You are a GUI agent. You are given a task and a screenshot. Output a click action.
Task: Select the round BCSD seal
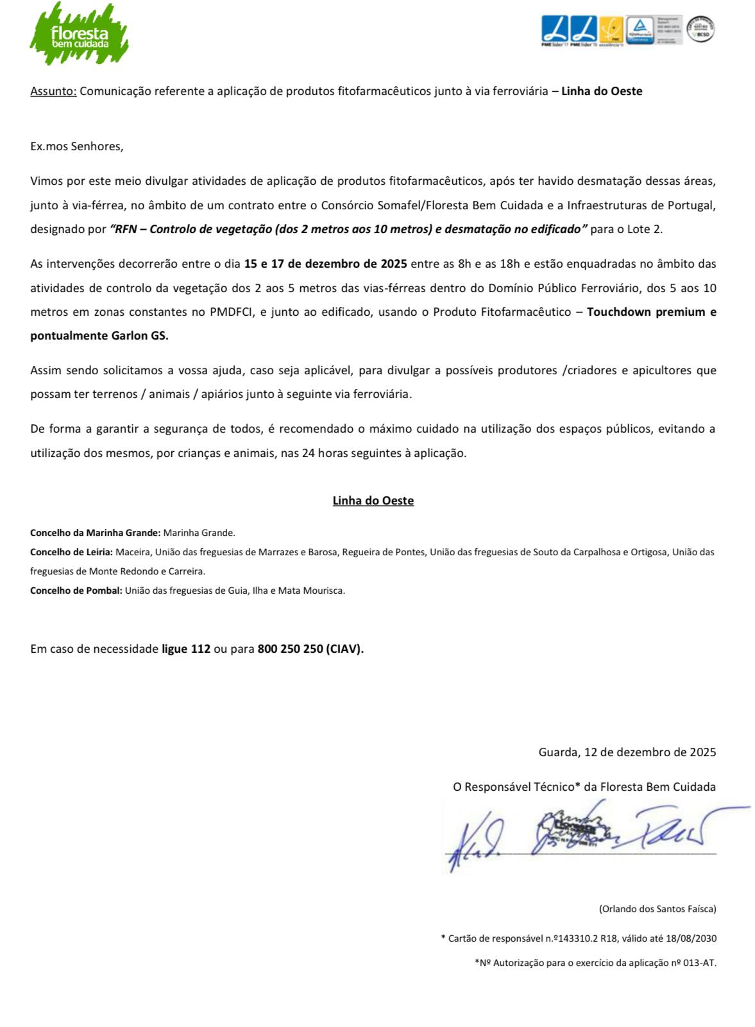tap(700, 30)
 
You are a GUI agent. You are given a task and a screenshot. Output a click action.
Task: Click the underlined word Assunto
tap(53, 91)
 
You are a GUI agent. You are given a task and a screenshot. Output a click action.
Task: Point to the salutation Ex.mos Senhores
tap(76, 146)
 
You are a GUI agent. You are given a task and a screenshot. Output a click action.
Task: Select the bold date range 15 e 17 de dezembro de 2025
tap(325, 264)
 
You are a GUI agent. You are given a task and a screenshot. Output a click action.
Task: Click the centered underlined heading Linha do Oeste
tap(373, 501)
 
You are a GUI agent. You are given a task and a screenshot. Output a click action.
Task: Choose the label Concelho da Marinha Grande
tap(95, 533)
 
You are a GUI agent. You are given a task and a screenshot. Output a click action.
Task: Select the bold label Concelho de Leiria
tap(72, 552)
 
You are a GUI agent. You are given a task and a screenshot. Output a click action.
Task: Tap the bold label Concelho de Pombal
tap(76, 591)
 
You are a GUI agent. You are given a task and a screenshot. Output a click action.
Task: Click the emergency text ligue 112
tap(186, 649)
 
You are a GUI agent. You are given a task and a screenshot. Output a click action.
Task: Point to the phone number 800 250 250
tap(290, 649)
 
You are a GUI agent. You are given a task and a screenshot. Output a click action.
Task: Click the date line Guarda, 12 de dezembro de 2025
tap(627, 752)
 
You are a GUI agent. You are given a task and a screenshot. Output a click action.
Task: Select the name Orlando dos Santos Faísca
tap(657, 909)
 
